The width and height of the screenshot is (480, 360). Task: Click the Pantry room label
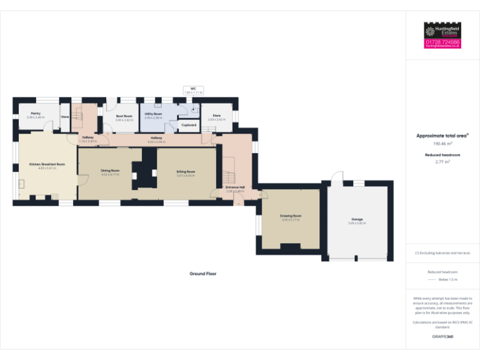35,113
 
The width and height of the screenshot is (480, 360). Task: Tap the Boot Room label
124,116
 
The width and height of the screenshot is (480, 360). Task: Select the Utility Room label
153,114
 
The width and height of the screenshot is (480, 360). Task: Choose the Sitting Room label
186,171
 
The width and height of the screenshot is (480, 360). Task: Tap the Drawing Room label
291,216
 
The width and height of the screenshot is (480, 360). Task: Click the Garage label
357,219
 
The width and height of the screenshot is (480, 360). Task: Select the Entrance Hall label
235,187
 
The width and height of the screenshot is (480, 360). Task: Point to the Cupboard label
189,125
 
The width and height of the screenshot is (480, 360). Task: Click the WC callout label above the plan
194,89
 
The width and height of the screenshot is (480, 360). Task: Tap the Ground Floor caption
203,274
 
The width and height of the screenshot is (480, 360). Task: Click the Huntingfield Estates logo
442,31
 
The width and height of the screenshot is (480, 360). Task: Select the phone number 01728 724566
442,42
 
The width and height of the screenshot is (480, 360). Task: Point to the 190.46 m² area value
442,144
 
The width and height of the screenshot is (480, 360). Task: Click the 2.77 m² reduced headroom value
442,162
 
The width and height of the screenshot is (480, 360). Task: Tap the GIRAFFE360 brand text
442,337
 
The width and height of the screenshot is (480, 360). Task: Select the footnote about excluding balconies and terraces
442,253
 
